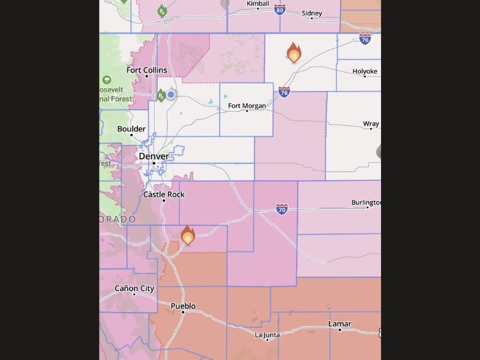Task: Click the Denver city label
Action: coord(154,156)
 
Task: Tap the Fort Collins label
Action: coord(146,70)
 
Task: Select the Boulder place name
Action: coord(131,129)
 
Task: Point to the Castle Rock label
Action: coord(164,194)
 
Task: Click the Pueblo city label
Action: coord(183,306)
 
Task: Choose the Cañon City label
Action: coord(134,289)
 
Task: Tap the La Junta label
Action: coord(267,335)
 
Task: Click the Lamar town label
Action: coord(340,324)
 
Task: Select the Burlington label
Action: coord(365,203)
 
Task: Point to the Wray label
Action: coord(371,124)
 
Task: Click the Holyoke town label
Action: coord(365,71)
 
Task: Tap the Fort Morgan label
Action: coord(247,106)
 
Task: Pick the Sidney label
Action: coord(311,13)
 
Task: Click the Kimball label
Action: coord(258,4)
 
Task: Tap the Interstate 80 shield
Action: coord(280,10)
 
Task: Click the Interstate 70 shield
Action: coord(282,209)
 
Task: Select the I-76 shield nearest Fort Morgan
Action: coord(284,92)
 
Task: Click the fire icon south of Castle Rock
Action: coord(188,235)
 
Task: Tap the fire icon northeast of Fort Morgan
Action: coord(293,53)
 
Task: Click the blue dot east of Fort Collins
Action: coord(171,94)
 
